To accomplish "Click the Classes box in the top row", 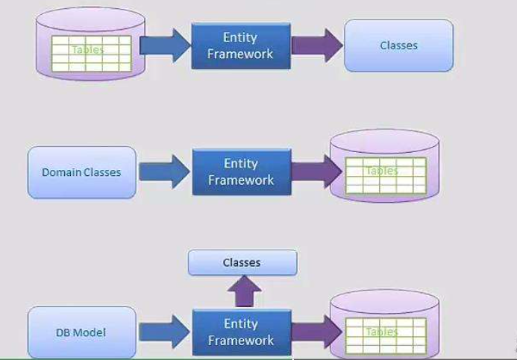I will point(398,45).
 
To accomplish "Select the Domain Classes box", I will point(81,172).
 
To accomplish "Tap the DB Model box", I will point(81,332).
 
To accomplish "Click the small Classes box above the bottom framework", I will point(242,262).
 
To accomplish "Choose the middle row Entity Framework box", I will point(240,172).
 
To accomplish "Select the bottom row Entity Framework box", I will point(240,332).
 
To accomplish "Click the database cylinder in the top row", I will point(90,46).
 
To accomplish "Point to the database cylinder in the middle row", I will point(383,167).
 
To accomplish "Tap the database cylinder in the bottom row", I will point(383,328).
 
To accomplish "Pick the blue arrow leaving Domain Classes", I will point(165,172).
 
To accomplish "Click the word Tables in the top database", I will point(88,50).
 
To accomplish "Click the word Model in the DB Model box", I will point(90,332).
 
